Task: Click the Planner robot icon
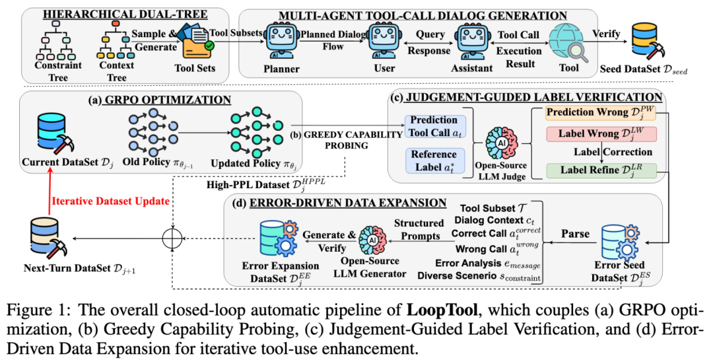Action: [x=281, y=42]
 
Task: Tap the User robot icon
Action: [x=384, y=42]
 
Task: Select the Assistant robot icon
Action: [x=473, y=42]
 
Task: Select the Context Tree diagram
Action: [x=116, y=40]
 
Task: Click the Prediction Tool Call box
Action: [x=435, y=127]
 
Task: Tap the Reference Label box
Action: [x=435, y=161]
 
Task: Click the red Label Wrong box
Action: [x=601, y=134]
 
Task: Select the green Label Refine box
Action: [x=601, y=170]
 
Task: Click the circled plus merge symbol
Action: [x=172, y=238]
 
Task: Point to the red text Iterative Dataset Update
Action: [x=110, y=201]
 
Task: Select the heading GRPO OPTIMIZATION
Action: [x=168, y=100]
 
